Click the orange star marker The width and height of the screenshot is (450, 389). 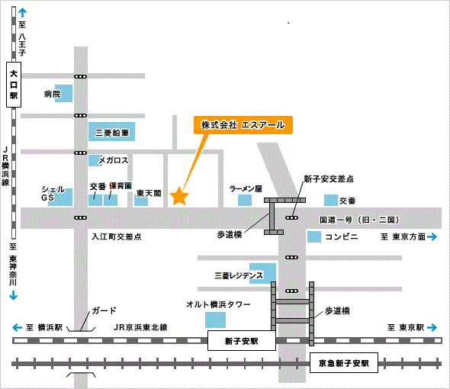[179, 196]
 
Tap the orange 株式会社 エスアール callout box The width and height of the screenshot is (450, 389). [243, 125]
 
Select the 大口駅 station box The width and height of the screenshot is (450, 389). [14, 85]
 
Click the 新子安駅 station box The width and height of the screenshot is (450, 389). [242, 340]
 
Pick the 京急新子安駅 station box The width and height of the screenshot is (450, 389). [344, 363]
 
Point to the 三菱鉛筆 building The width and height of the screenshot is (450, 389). [111, 131]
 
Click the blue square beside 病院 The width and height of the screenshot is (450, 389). [64, 93]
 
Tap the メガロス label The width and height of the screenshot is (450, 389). [114, 160]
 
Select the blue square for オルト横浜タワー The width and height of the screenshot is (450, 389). [215, 320]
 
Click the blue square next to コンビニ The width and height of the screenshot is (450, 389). [314, 237]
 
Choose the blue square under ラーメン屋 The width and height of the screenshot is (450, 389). [245, 200]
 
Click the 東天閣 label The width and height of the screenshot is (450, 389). [149, 193]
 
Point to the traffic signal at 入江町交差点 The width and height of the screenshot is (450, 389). [80, 217]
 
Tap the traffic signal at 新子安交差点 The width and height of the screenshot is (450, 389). [291, 217]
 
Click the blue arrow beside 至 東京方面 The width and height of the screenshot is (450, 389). [432, 236]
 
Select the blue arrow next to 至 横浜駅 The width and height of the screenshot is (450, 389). [18, 327]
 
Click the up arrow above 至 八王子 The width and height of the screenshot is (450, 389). [22, 13]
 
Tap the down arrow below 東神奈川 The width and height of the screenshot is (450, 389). [13, 295]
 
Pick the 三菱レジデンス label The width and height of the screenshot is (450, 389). [239, 275]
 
